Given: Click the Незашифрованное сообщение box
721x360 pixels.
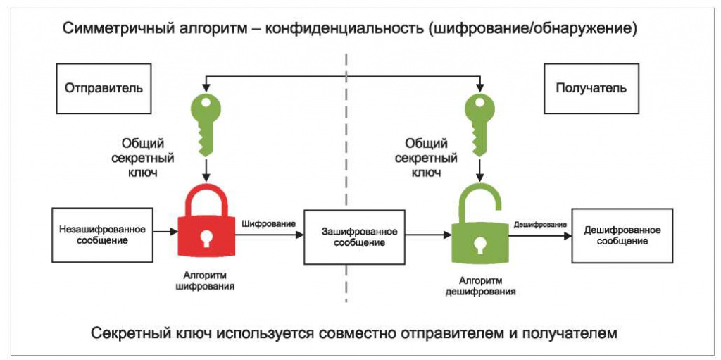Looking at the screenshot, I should pyautogui.click(x=103, y=235).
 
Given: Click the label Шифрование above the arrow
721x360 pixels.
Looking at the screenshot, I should pyautogui.click(x=268, y=223).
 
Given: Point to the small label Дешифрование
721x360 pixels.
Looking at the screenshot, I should pyautogui.click(x=540, y=224).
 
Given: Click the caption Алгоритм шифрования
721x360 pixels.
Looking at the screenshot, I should pyautogui.click(x=206, y=282).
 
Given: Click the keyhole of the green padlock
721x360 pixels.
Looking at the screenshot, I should pyautogui.click(x=479, y=245).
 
